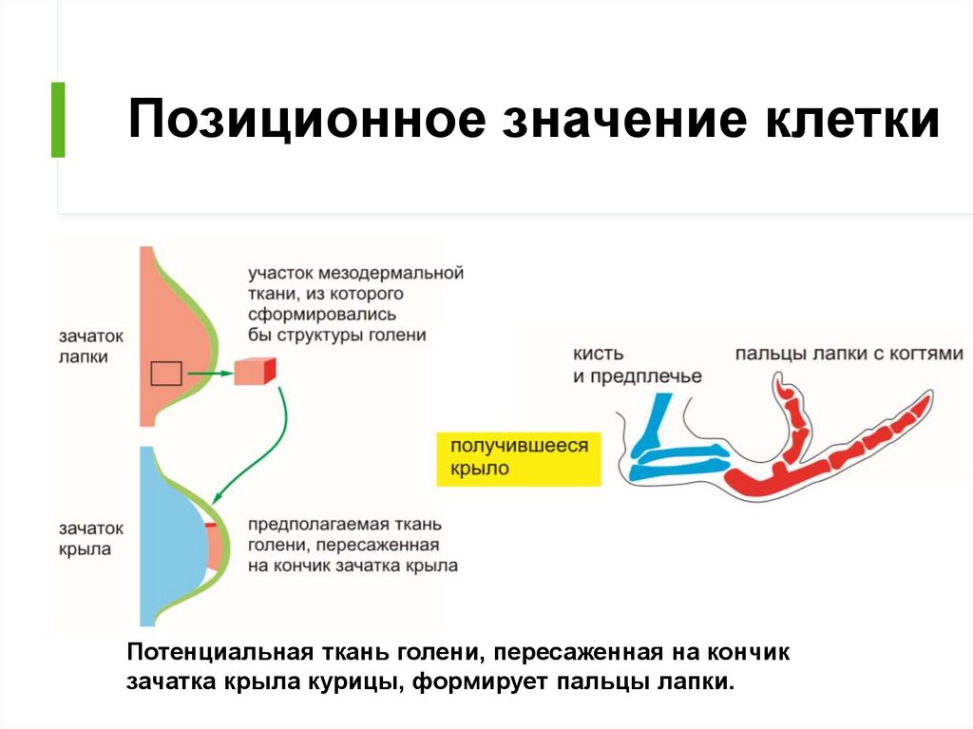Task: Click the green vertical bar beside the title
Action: pyautogui.click(x=58, y=120)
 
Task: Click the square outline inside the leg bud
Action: pyautogui.click(x=166, y=374)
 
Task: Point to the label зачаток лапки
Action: pyautogui.click(x=84, y=347)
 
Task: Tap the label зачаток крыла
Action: pyautogui.click(x=84, y=538)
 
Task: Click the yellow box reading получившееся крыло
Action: pyautogui.click(x=519, y=457)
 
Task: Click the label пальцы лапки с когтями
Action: pyautogui.click(x=849, y=354)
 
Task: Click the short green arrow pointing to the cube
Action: pyautogui.click(x=209, y=374)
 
